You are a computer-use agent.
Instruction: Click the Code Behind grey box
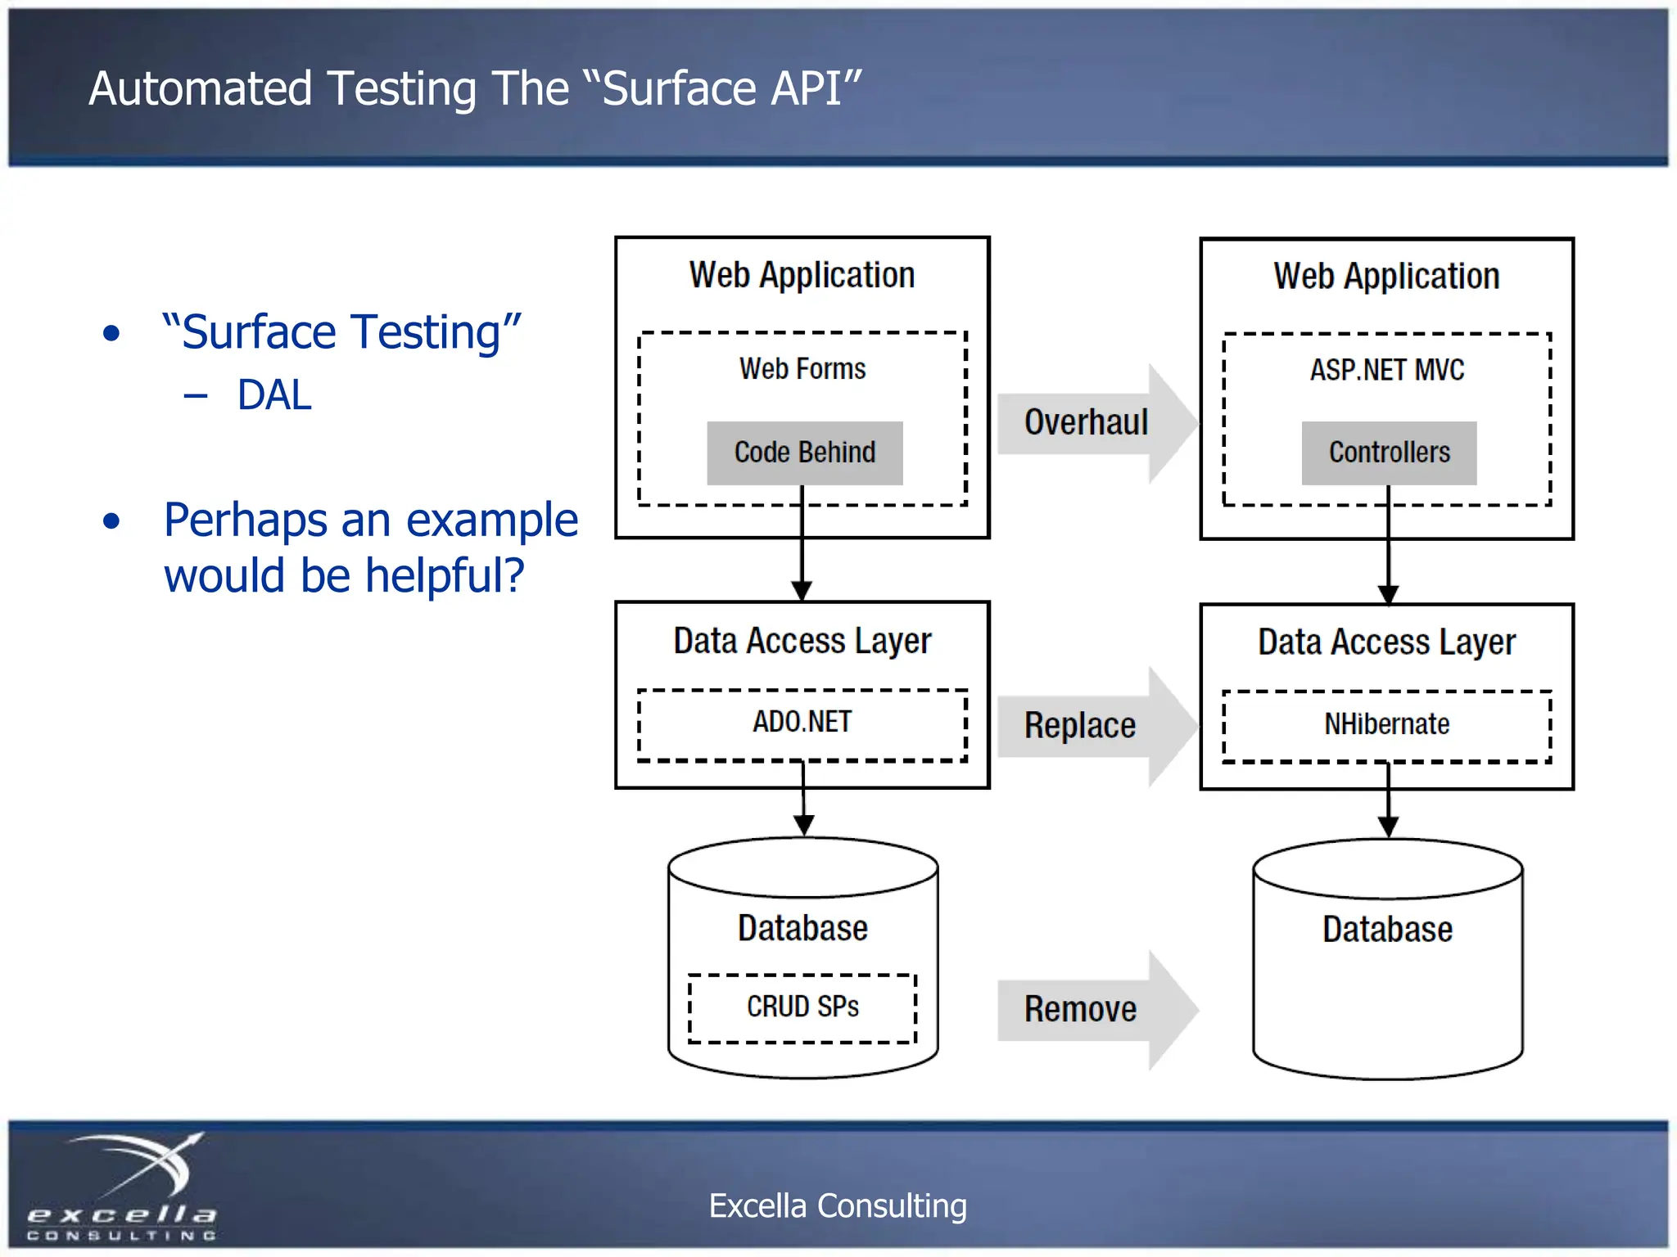[804, 453]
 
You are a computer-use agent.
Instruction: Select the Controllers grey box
[1389, 453]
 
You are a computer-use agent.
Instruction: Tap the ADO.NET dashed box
[802, 723]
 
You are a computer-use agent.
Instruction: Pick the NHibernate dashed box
[1386, 725]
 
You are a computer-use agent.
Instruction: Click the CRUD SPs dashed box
[802, 1007]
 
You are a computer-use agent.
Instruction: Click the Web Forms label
[802, 369]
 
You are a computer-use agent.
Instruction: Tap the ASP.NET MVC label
[1386, 371]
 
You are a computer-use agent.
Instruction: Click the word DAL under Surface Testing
[274, 395]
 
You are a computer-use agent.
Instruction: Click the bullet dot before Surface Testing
[112, 334]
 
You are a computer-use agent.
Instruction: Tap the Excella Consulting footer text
[837, 1206]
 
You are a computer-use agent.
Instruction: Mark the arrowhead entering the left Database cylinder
[803, 825]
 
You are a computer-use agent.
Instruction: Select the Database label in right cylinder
[1387, 930]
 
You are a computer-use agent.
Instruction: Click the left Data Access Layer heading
[802, 642]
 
